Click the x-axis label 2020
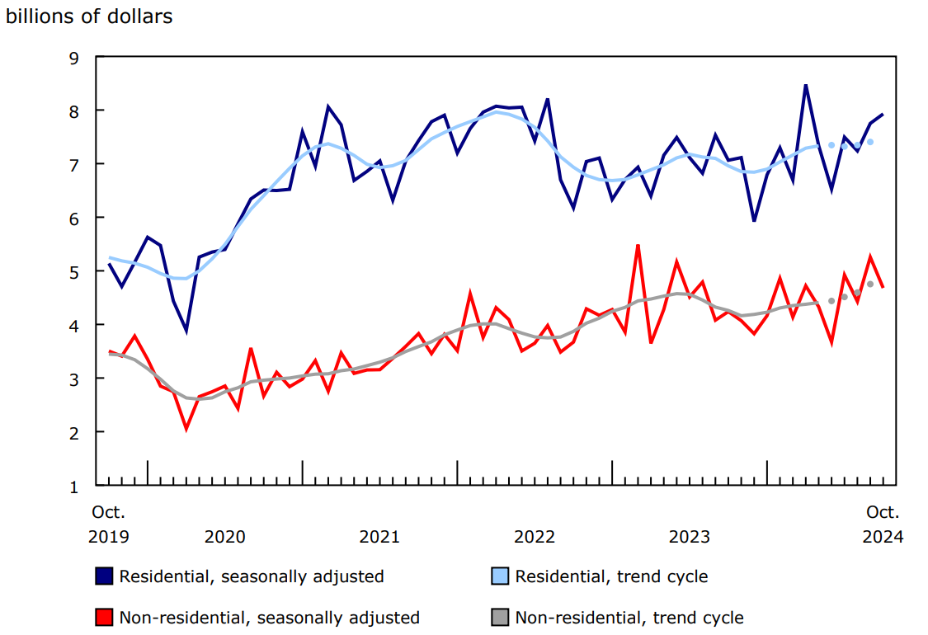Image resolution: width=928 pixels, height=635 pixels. coord(225,537)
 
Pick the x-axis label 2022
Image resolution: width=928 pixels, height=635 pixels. coord(535,537)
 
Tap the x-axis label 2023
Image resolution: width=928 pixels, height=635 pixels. coord(690,537)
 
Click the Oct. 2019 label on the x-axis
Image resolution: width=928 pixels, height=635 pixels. coord(108,524)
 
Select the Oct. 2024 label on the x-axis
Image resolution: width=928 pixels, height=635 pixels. coord(883,524)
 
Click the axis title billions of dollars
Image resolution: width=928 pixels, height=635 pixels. coord(89,16)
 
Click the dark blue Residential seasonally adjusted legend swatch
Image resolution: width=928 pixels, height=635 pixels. coord(105,576)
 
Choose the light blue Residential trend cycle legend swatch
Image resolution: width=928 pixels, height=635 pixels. coord(501,576)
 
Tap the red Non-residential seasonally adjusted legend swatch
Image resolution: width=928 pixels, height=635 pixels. coord(105,618)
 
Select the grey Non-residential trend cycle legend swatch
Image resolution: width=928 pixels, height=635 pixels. coord(501,618)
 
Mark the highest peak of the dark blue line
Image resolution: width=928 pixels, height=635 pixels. coord(805,85)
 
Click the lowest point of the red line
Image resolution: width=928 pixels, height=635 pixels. coord(186,428)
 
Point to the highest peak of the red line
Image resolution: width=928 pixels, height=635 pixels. coord(638,245)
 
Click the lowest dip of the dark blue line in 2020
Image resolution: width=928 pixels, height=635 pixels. coord(186,331)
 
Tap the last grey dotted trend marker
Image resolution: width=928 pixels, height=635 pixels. coord(870,284)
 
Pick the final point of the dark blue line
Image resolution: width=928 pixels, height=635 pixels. coord(883,114)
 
